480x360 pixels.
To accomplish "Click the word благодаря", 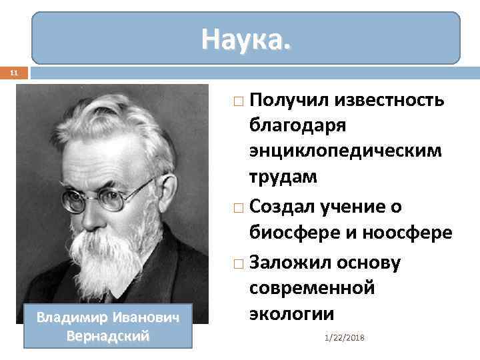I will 297,125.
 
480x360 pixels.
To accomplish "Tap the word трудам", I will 283,177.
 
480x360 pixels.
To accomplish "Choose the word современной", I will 312,288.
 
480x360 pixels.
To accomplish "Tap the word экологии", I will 291,313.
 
